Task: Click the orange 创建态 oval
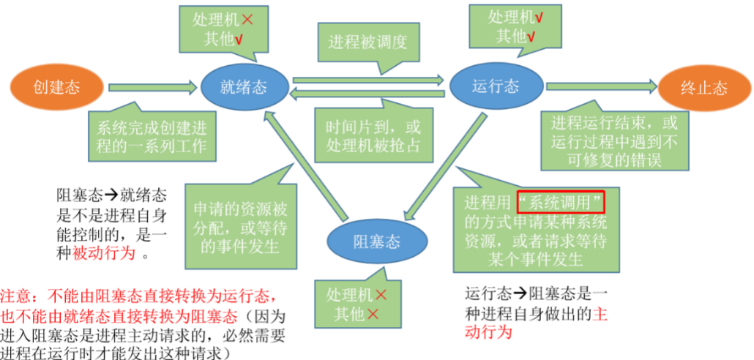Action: [x=57, y=88]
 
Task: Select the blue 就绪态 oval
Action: [x=244, y=88]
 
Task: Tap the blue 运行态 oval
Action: [x=496, y=86]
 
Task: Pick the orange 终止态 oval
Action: [x=704, y=88]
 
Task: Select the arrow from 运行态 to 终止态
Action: [x=602, y=86]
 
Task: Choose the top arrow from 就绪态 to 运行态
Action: [x=368, y=79]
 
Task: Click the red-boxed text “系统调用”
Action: [x=560, y=203]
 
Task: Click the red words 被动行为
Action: [x=103, y=253]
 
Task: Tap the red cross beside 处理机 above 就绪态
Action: [x=247, y=19]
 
